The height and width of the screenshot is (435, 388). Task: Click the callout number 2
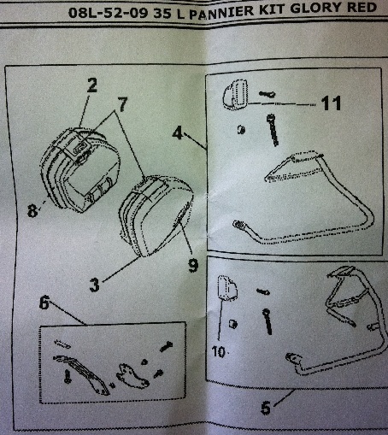point(91,85)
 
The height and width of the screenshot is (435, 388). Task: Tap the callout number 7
point(122,104)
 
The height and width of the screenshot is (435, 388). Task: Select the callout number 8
point(32,211)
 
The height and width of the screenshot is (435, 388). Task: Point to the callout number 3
point(94,285)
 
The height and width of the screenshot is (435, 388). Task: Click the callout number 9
point(193,265)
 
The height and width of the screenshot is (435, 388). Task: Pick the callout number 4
point(178,133)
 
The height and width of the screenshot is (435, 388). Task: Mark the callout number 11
point(331,103)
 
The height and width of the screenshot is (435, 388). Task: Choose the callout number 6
point(44,303)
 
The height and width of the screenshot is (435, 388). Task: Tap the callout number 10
point(219,352)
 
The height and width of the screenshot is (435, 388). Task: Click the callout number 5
point(266,408)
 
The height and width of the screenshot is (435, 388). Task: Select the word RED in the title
point(362,7)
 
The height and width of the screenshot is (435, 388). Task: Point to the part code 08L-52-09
point(109,13)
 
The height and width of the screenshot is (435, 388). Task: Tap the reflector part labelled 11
point(235,95)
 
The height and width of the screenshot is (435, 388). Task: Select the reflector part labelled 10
point(227,288)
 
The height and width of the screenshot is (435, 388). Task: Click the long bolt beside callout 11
point(272,130)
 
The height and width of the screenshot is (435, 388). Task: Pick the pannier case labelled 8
point(79,169)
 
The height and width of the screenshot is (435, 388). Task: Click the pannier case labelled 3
point(156,215)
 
